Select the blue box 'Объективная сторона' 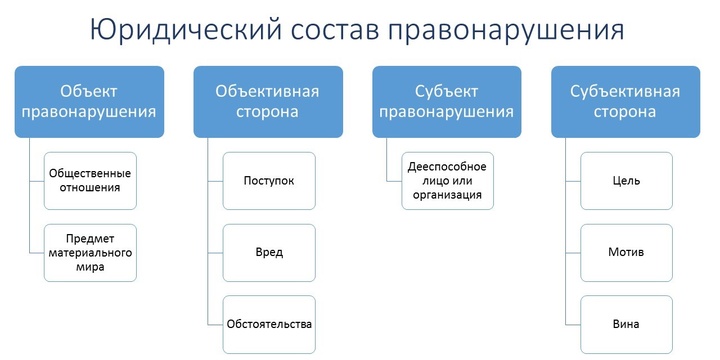point(268,101)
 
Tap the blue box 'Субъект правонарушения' point(447,101)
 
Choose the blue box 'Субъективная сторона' point(625,101)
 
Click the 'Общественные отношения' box point(90,180)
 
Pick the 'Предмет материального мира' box point(90,252)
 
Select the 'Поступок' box point(269,180)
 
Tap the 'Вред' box point(269,252)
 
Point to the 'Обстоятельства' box point(269,324)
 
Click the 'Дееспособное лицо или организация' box point(447,180)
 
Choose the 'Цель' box point(626,180)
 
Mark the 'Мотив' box point(626,252)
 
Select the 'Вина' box point(626,324)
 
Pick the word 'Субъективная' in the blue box point(625,91)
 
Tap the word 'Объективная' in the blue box point(268,91)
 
